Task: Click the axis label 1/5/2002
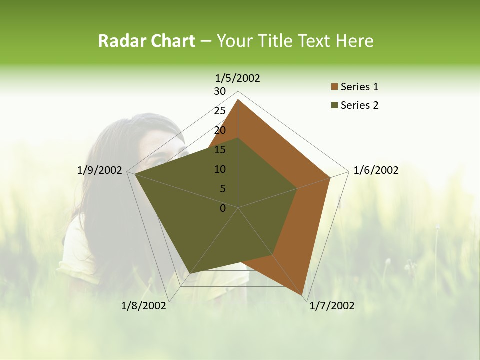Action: [238, 78]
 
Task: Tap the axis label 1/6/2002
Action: [376, 170]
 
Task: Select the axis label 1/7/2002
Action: [332, 306]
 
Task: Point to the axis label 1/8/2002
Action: [144, 306]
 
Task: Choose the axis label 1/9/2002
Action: [100, 170]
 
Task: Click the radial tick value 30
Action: [220, 91]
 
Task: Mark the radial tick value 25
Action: [220, 111]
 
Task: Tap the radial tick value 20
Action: [220, 130]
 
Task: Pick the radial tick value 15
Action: [220, 150]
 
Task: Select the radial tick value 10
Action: [220, 169]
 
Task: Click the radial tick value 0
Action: [223, 208]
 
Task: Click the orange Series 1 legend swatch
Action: [334, 87]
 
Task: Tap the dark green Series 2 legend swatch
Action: [334, 105]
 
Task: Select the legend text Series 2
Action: [359, 105]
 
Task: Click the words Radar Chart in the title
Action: [146, 41]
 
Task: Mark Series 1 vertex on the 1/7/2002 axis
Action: [303, 295]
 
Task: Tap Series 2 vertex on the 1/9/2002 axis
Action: [135, 174]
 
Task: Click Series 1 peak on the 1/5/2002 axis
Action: [238, 100]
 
